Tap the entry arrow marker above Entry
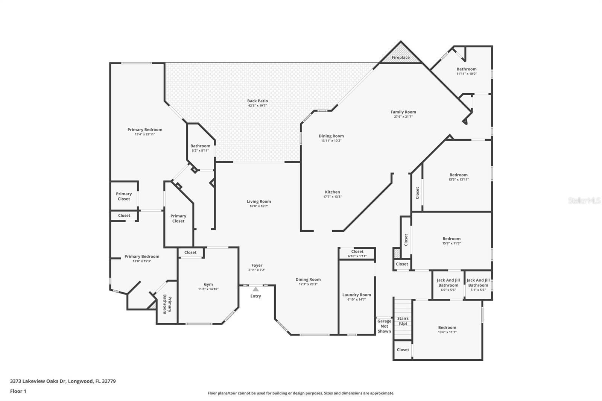(x=255, y=289)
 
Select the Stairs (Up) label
(x=403, y=321)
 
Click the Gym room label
(x=208, y=284)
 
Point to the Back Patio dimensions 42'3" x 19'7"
(x=257, y=106)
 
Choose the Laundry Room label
(x=356, y=295)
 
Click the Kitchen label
(x=332, y=192)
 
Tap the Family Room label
(x=403, y=112)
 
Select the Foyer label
(x=257, y=265)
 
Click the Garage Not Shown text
(x=384, y=326)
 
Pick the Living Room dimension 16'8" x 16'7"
(x=258, y=206)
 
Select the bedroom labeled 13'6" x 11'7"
(x=447, y=330)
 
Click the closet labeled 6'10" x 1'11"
(x=357, y=254)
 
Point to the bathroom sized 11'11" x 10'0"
(x=466, y=71)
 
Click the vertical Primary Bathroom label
(x=167, y=304)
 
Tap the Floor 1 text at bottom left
(x=18, y=391)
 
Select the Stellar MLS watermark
(x=584, y=200)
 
